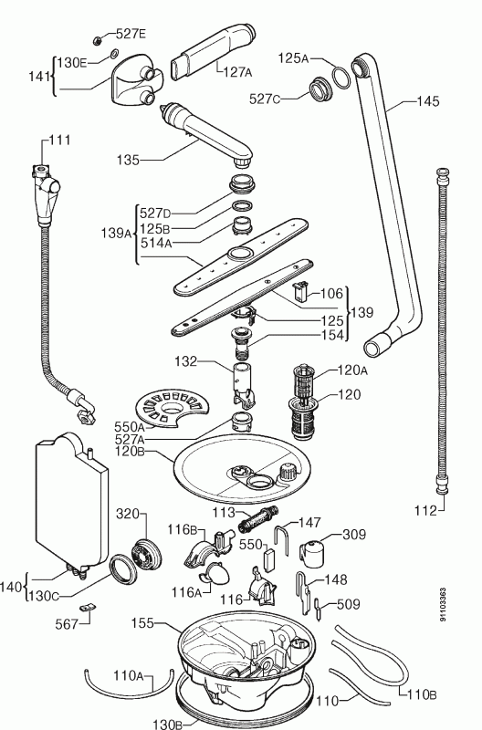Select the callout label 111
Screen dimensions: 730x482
point(59,140)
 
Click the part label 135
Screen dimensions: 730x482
point(128,160)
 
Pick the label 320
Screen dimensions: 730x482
point(126,513)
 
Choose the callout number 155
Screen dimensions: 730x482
point(141,626)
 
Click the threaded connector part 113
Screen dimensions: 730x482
point(255,519)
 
